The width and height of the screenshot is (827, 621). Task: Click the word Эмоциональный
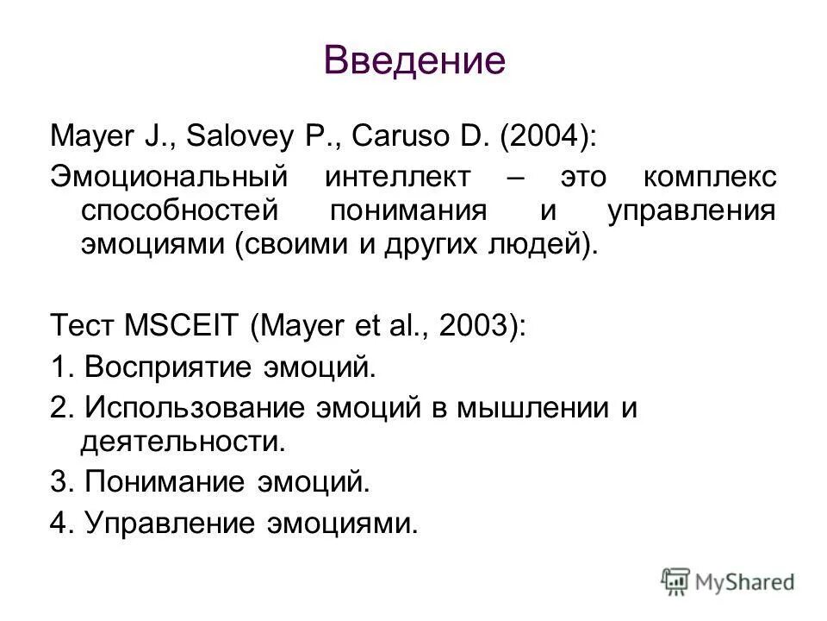coord(162,177)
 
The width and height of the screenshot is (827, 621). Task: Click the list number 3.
coord(59,482)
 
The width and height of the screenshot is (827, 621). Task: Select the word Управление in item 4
coord(171,523)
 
